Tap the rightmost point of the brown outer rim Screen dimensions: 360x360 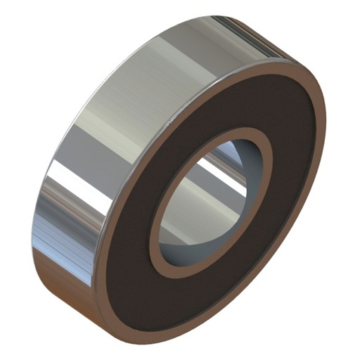325,141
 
